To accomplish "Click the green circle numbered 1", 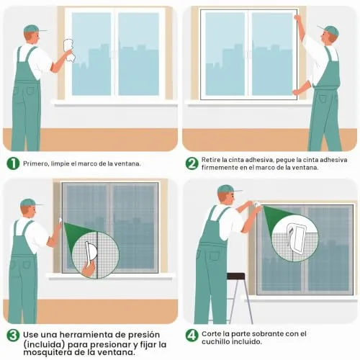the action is click(13, 163).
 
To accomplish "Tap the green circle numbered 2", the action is click(192, 163).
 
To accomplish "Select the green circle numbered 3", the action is click(13, 335).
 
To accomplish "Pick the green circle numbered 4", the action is click(192, 335).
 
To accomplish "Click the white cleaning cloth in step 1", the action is click(69, 50).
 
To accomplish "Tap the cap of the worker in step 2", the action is click(329, 30).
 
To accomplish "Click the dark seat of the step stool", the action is click(236, 276).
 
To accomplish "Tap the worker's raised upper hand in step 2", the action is click(297, 18).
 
